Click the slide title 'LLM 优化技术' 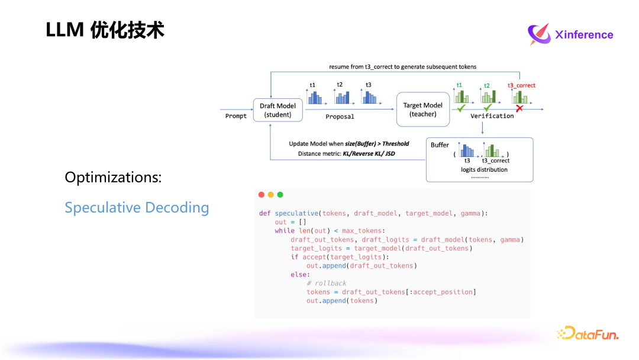(105, 30)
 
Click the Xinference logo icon (538, 34)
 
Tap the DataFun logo (588, 333)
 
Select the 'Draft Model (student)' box (278, 110)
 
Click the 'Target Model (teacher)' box (422, 110)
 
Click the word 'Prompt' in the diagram (236, 116)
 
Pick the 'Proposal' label (340, 117)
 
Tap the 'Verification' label (492, 116)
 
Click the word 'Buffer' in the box (440, 145)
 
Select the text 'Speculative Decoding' (137, 208)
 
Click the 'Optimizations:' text (113, 177)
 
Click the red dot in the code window (262, 195)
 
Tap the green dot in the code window (280, 195)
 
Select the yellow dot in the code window (271, 195)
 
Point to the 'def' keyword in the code (264, 213)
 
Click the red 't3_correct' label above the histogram (521, 85)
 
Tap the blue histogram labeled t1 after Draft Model (314, 97)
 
